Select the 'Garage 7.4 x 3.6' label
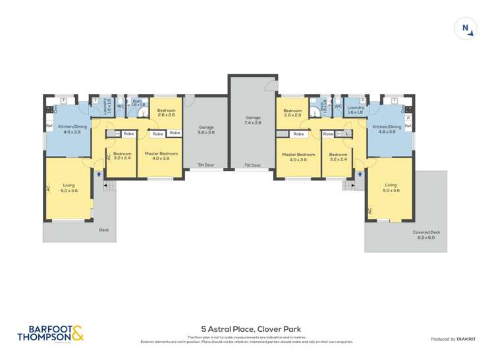[253, 120]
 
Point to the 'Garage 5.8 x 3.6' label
[207, 130]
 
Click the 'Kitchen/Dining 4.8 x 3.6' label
[386, 129]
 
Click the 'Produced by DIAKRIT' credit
[454, 339]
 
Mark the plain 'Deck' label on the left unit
[103, 230]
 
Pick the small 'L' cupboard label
[346, 134]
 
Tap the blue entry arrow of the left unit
[98, 174]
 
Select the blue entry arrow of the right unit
[360, 174]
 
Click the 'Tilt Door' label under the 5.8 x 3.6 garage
[207, 165]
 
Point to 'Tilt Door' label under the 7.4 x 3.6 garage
[253, 165]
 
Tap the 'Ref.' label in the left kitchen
[49, 126]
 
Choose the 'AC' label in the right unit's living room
[370, 211]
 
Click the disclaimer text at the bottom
[247, 340]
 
